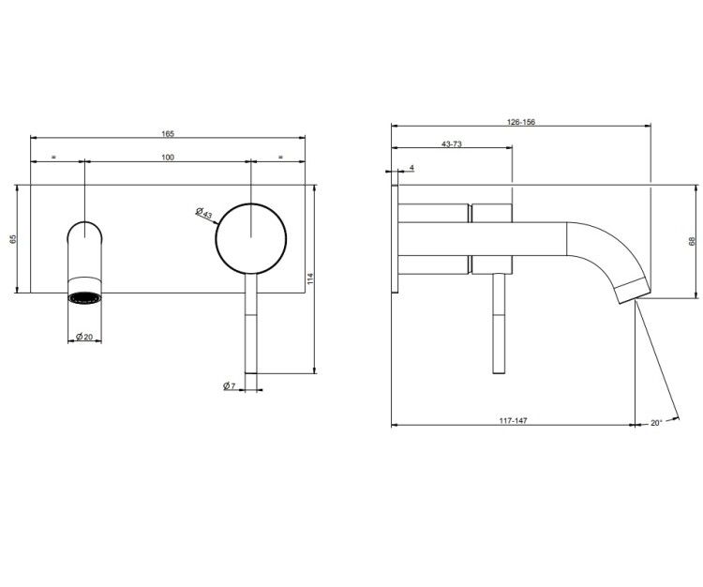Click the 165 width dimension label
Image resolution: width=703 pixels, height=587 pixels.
click(x=168, y=134)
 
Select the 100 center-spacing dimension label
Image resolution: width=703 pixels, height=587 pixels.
click(x=168, y=158)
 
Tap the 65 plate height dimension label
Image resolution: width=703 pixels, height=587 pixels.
click(x=13, y=239)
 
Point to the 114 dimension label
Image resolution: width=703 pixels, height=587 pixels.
click(x=310, y=278)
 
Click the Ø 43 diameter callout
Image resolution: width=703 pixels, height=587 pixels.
click(x=204, y=213)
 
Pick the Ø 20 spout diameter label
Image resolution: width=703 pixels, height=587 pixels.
click(x=83, y=337)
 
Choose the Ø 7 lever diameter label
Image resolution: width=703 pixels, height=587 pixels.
click(x=229, y=385)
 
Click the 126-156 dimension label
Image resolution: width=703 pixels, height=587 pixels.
click(x=521, y=122)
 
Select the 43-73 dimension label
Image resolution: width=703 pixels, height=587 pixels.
click(x=452, y=144)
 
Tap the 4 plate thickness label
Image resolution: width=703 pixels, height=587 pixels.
click(x=412, y=168)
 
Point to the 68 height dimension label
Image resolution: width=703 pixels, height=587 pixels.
click(x=692, y=241)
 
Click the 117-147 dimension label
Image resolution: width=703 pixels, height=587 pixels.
click(x=514, y=421)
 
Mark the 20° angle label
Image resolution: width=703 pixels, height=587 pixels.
click(x=656, y=423)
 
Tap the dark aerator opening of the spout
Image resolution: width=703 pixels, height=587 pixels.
click(x=84, y=298)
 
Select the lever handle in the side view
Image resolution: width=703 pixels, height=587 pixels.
click(x=499, y=324)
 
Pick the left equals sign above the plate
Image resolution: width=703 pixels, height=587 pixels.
click(x=53, y=157)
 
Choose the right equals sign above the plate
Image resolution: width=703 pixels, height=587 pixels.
click(x=280, y=157)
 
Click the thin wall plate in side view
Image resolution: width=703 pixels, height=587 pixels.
click(x=395, y=239)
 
